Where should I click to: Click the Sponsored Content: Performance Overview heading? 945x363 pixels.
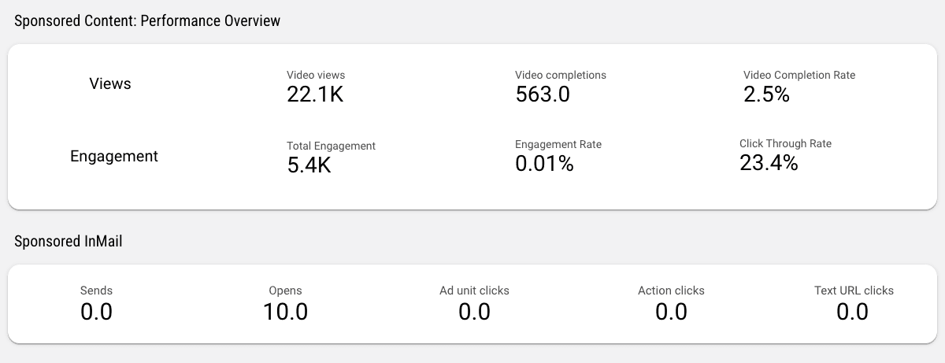coord(147,21)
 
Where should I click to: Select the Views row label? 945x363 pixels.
coord(110,83)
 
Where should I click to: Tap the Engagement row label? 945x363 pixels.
coord(114,156)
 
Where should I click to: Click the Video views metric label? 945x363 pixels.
coord(316,75)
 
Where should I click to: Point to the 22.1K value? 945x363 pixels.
coord(315,94)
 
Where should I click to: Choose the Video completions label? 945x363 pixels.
coord(561,75)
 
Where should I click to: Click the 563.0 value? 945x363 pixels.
coord(543,94)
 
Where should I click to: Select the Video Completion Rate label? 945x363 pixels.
coord(799,75)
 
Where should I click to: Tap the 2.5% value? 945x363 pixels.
coord(766,94)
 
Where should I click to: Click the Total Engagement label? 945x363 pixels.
coord(331,146)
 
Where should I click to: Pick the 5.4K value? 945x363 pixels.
coord(309,165)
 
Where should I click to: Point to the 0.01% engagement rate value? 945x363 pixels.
coord(544,164)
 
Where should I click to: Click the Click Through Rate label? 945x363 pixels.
coord(785,143)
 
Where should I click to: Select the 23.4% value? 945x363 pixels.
coord(769,163)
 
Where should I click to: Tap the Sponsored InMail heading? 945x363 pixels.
coord(69,242)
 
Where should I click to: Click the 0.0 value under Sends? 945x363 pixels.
coord(96,312)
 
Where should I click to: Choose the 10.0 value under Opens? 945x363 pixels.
coord(285,312)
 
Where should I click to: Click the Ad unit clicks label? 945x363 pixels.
coord(474,291)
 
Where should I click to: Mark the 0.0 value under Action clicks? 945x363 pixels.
coord(671,312)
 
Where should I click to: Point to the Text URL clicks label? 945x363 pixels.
coord(854,291)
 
